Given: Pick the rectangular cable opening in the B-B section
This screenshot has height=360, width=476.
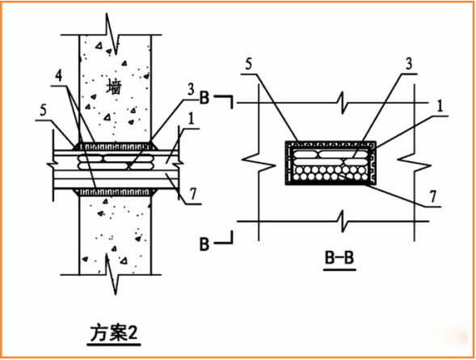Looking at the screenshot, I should pos(331,163).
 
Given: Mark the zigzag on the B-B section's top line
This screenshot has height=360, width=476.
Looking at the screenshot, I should pos(344,104).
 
